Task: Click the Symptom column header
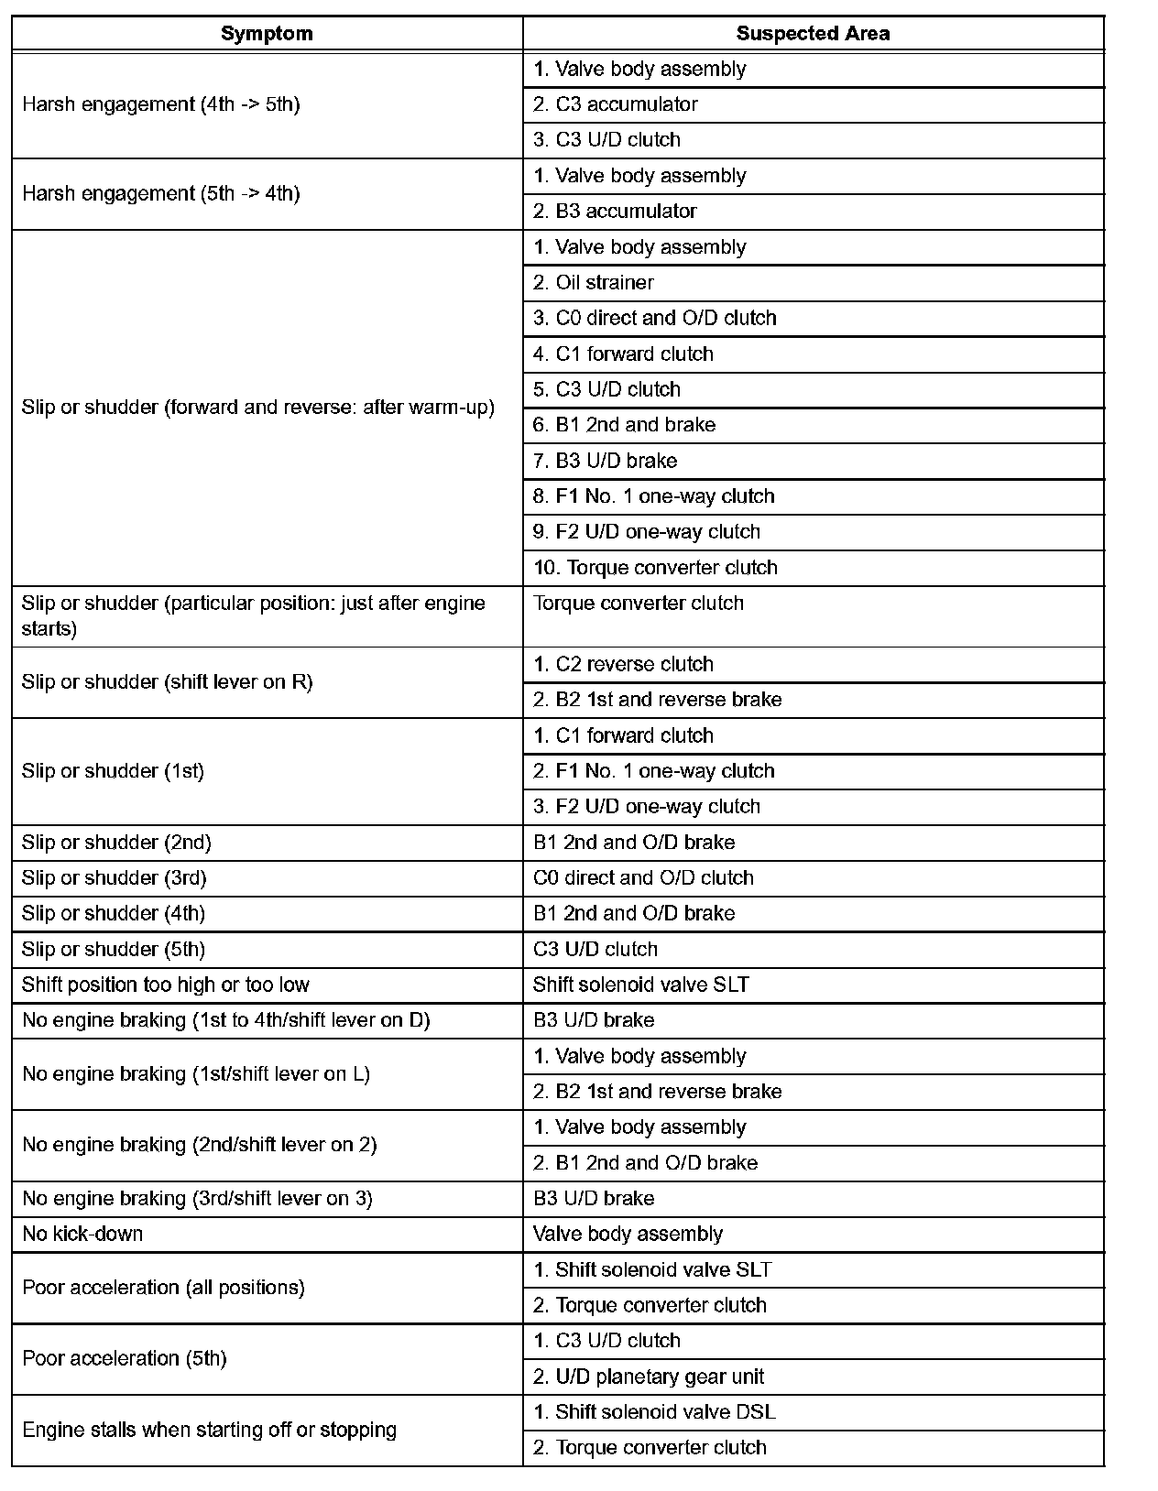[x=267, y=34]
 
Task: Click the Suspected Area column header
[x=813, y=34]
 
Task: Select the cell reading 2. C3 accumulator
[x=616, y=104]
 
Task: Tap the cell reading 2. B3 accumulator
[x=615, y=212]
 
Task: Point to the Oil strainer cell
[x=594, y=283]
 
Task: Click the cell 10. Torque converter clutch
[x=655, y=568]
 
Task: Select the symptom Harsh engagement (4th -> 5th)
[x=161, y=104]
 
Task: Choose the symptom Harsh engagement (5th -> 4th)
[x=161, y=193]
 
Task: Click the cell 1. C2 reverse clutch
[x=623, y=664]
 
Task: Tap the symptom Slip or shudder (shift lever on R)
[x=168, y=682]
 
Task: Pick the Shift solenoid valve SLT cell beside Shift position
[x=641, y=985]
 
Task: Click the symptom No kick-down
[x=82, y=1234]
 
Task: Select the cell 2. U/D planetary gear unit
[x=649, y=1377]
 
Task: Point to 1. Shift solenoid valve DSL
[x=654, y=1412]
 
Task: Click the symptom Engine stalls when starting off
[x=209, y=1430]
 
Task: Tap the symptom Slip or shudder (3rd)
[x=115, y=878]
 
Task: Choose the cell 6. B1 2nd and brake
[x=624, y=425]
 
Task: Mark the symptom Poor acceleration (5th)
[x=124, y=1358]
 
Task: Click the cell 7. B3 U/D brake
[x=605, y=461]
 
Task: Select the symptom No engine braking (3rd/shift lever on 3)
[x=197, y=1199]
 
